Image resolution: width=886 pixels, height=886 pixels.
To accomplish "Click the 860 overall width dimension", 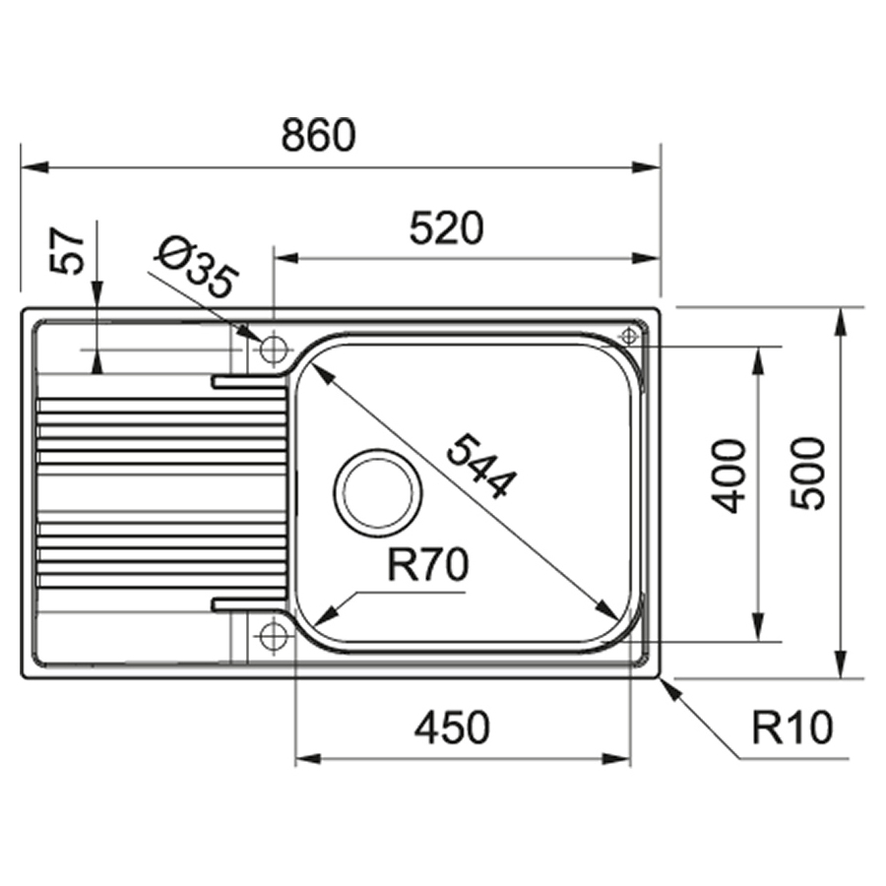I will (317, 136).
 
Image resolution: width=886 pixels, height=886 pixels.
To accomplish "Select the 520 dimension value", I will (447, 228).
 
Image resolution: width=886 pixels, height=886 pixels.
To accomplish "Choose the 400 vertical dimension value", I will (729, 475).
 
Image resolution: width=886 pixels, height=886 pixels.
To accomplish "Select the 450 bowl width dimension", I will (451, 728).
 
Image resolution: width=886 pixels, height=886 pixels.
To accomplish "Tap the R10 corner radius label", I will (792, 728).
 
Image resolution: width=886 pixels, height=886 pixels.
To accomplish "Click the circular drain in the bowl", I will (379, 489).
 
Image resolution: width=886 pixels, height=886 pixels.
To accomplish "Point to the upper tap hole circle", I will (274, 348).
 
